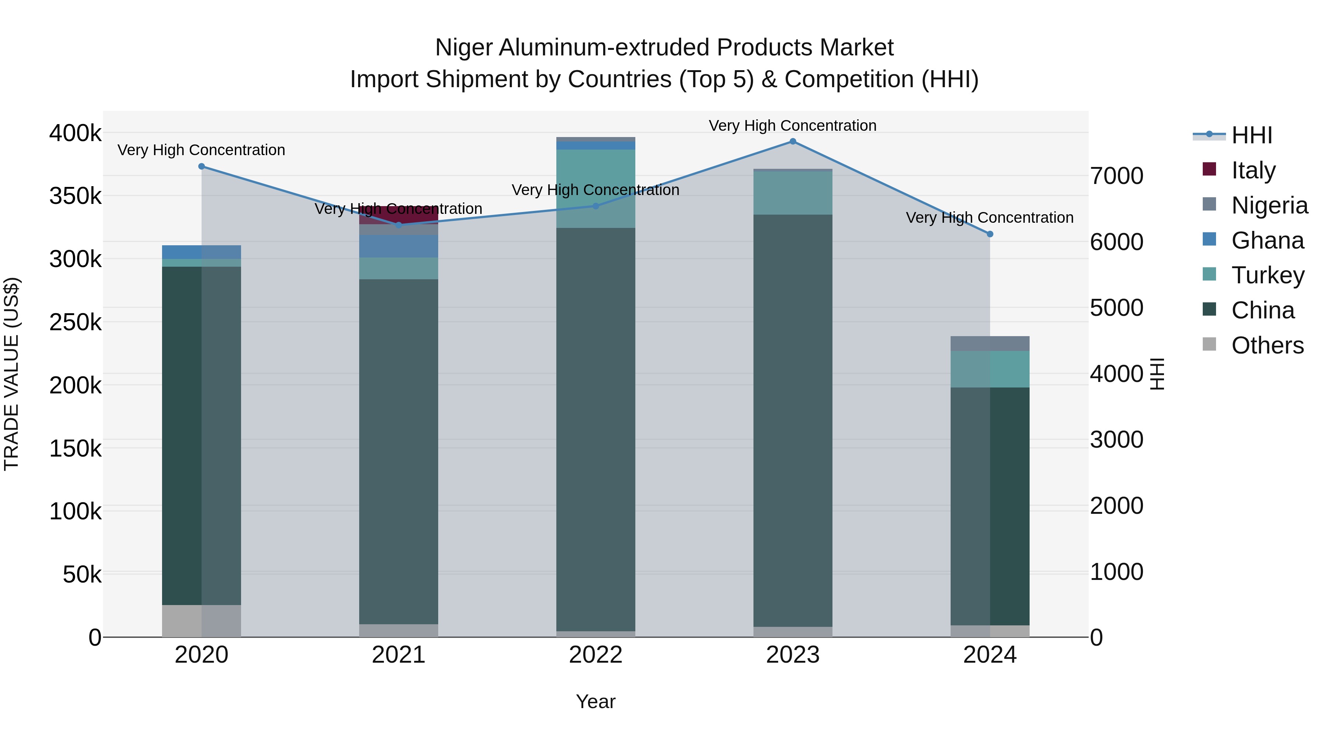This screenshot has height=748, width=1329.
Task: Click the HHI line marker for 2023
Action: click(793, 141)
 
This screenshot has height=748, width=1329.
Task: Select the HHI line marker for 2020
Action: click(202, 166)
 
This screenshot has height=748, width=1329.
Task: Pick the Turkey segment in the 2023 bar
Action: click(793, 192)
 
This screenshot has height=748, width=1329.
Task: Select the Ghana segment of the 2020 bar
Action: click(202, 252)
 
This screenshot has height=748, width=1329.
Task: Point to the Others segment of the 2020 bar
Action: click(202, 621)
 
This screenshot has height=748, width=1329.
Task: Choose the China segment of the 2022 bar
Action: click(595, 428)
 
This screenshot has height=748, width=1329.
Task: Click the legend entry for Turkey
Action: click(1268, 275)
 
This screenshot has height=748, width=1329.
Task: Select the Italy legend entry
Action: click(1253, 170)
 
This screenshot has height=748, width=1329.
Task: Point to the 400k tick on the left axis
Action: click(75, 133)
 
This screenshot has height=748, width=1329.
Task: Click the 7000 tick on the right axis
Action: click(1116, 176)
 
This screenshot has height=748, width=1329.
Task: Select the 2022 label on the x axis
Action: click(595, 655)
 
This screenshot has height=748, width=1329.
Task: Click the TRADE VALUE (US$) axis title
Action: click(12, 374)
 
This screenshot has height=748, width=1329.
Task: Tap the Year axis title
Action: click(595, 701)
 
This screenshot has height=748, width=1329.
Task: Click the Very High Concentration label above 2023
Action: click(793, 126)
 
